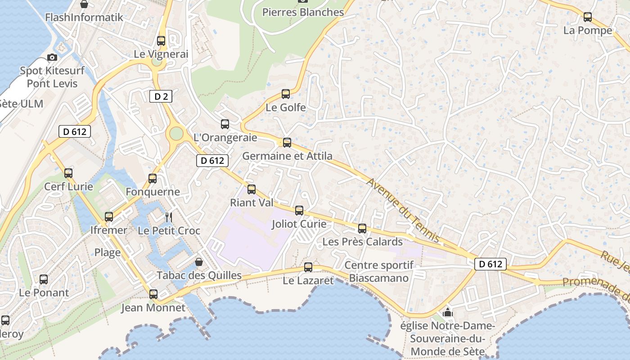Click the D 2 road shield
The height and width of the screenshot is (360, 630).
pos(161,96)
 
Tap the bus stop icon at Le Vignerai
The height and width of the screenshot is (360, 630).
pos(161,41)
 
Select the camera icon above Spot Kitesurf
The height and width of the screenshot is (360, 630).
pos(52,57)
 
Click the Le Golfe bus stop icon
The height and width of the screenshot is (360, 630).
pos(286,94)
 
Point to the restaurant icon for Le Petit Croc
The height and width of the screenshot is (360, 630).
pos(169,217)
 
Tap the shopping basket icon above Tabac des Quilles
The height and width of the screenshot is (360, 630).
pos(199,261)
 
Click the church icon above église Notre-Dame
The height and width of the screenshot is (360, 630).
pos(448,312)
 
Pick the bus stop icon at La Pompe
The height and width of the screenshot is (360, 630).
pos(588,17)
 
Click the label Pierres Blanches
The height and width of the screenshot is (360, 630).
pos(303,12)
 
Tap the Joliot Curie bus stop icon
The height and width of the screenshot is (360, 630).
pos(299,211)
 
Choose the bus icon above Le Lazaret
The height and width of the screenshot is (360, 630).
pos(308,267)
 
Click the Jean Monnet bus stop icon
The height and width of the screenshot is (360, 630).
pos(153,294)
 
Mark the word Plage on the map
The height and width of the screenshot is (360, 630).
pos(108,252)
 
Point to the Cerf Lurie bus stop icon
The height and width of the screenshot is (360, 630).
pos(68,173)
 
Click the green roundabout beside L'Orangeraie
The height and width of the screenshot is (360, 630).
pos(176,133)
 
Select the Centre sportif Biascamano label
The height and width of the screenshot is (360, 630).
pos(379,272)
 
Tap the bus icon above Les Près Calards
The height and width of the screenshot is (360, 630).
pos(362,229)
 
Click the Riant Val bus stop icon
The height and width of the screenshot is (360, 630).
pos(252,189)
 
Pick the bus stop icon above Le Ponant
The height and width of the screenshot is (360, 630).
pos(44,279)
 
